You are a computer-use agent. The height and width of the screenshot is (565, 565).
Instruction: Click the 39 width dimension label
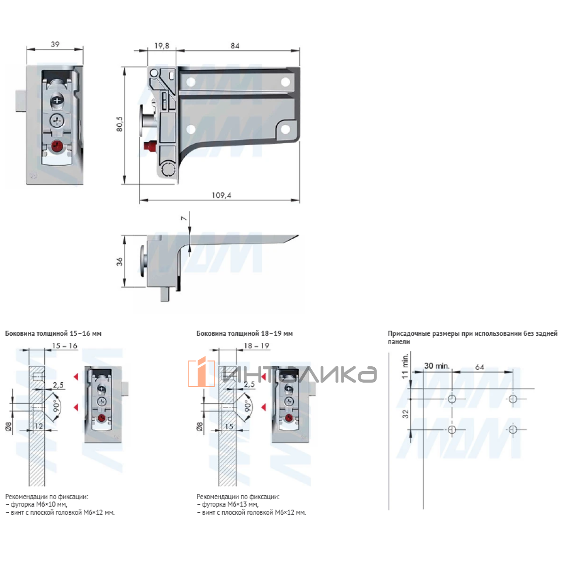point(55,44)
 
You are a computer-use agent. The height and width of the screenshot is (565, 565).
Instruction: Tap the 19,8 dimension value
point(161,46)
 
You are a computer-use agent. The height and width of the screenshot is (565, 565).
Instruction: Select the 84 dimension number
point(234,46)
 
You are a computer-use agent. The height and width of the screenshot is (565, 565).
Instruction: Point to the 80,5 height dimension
point(120,124)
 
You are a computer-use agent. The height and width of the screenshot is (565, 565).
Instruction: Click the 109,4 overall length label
point(221,195)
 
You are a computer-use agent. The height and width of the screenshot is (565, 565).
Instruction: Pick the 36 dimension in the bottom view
point(119,261)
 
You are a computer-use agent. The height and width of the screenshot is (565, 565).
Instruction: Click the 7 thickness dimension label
point(184,218)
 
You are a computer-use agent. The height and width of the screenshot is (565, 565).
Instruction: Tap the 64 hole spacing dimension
point(479,367)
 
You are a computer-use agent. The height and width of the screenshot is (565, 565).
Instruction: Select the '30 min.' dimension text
point(436,366)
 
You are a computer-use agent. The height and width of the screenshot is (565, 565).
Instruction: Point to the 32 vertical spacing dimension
point(405,414)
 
